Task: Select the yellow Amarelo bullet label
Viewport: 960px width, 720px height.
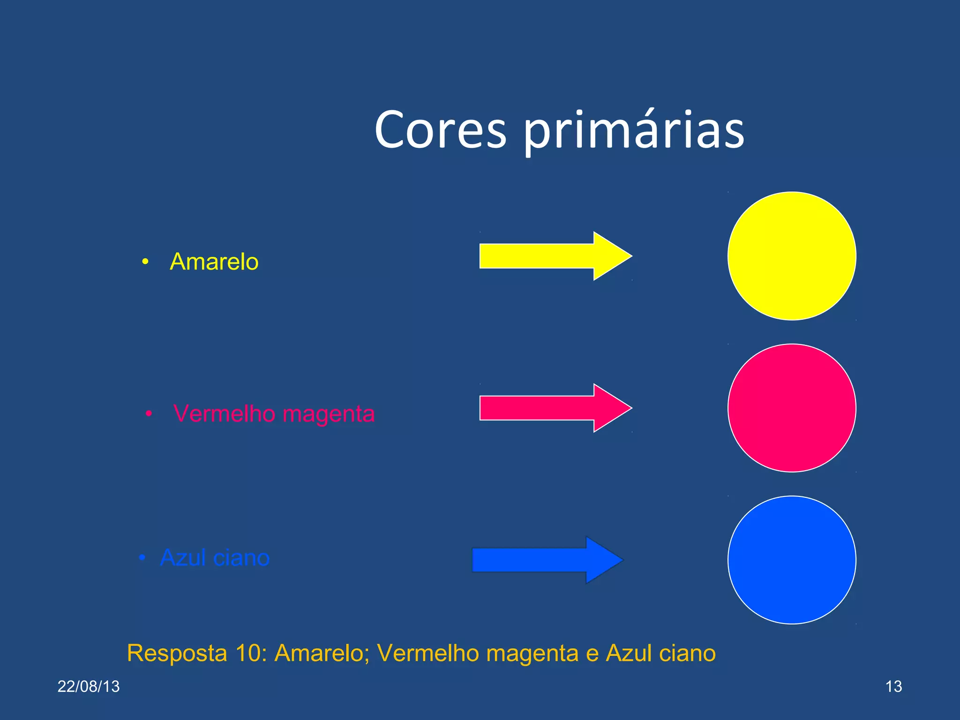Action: click(214, 262)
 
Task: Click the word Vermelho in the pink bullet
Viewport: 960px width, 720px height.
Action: click(224, 413)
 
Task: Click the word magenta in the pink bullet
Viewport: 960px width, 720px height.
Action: click(329, 414)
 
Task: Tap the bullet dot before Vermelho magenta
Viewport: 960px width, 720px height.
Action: click(149, 414)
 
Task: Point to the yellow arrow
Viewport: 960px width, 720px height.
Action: click(553, 256)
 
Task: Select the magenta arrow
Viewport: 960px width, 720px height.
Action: click(553, 408)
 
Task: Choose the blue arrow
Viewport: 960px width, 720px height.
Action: click(546, 560)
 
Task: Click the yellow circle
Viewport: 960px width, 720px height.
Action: click(792, 256)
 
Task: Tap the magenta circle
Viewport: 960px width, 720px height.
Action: click(792, 408)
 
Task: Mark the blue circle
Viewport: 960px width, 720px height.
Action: click(792, 560)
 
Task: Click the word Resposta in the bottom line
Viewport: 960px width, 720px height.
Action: click(177, 653)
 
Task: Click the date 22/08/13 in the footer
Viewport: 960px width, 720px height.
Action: click(89, 686)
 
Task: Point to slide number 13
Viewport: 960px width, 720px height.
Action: click(893, 686)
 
